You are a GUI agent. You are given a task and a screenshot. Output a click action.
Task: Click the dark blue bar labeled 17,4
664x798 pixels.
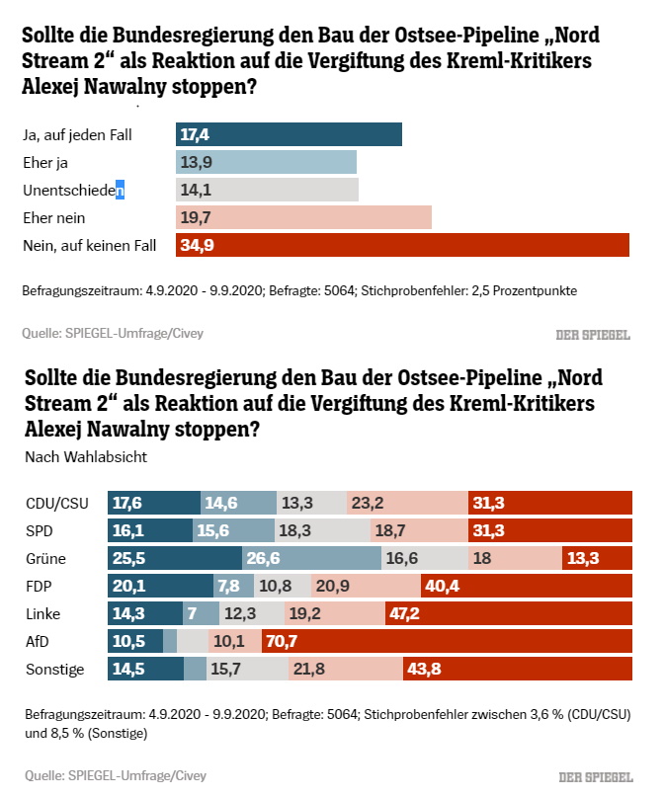click(289, 134)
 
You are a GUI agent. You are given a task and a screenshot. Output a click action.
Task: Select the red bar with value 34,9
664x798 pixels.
click(402, 245)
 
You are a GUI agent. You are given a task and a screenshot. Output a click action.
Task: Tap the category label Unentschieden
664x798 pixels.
click(74, 190)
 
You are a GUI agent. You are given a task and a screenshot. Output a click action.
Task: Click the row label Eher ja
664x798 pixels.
click(45, 162)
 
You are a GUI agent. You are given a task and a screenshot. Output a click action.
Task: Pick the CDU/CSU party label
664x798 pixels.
click(57, 503)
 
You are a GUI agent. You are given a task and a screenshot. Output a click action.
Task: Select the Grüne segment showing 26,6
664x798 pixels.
click(311, 558)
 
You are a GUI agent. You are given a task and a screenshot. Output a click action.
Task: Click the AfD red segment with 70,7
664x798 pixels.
click(447, 641)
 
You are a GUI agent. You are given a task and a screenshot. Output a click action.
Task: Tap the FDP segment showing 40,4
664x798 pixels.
click(526, 586)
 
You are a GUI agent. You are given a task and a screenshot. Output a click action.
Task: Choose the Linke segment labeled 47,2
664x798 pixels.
click(508, 613)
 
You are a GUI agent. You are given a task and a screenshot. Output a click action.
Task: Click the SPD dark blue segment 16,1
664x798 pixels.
click(150, 530)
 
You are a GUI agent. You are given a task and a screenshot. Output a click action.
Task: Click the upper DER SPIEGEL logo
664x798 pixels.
click(592, 334)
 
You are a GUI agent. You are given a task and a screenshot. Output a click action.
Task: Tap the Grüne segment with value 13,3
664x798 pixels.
click(597, 558)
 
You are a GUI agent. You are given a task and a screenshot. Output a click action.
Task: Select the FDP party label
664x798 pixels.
click(40, 586)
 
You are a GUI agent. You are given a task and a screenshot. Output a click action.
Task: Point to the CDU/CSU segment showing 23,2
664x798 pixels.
click(407, 503)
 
